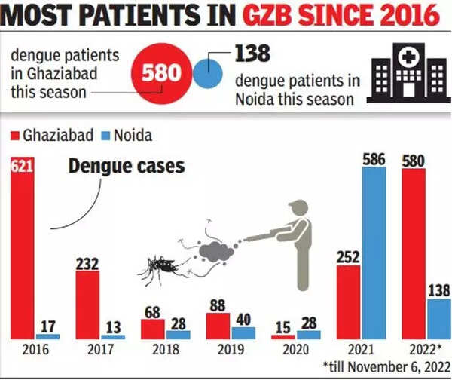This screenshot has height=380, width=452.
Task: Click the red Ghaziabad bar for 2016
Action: pyautogui.click(x=23, y=249)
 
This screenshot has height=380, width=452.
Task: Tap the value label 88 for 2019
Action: pyautogui.click(x=217, y=305)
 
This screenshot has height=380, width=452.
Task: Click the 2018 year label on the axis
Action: pyautogui.click(x=164, y=351)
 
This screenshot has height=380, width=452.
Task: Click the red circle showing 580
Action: pyautogui.click(x=160, y=74)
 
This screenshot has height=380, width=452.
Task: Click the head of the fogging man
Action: pyautogui.click(x=298, y=209)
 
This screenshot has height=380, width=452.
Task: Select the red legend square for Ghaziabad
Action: pyautogui.click(x=14, y=135)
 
